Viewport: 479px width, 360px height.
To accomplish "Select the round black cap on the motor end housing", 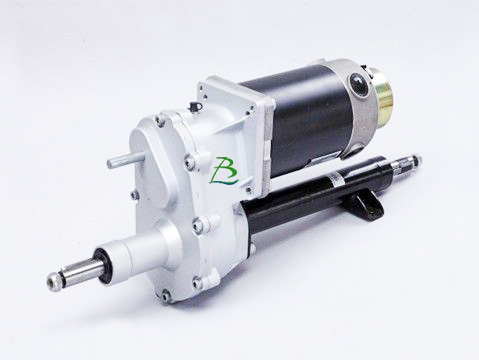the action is tap(357, 83).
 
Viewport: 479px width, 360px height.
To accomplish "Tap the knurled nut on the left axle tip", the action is tap(54, 278).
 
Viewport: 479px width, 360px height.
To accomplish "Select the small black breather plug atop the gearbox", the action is tap(194, 107).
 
